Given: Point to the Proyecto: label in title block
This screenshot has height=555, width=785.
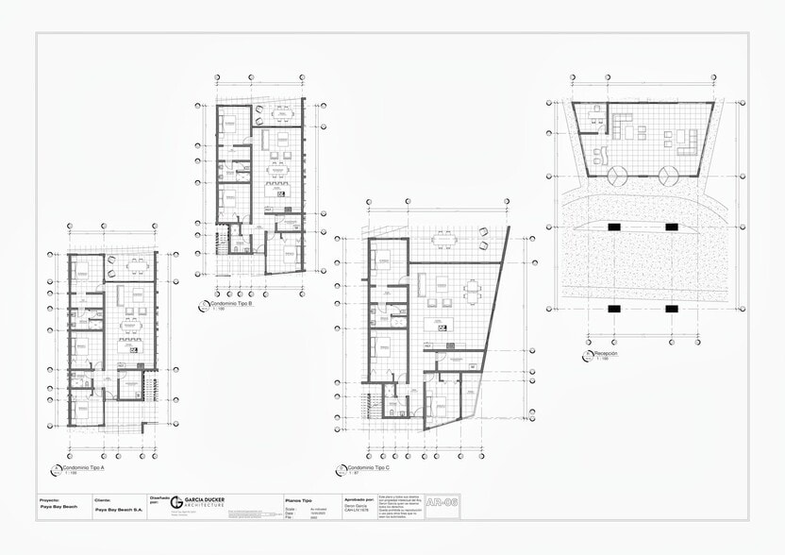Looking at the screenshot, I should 49,498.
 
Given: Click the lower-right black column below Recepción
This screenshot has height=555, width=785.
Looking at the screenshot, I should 671,309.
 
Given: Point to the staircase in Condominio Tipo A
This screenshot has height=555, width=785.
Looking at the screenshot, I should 148,386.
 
